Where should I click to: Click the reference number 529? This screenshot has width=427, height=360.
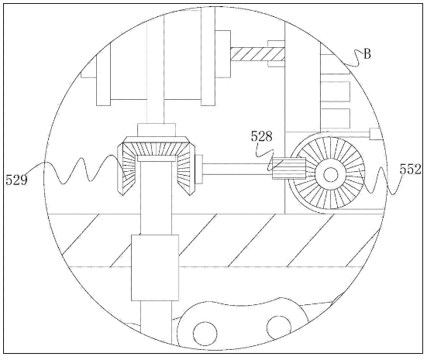click(x=16, y=180)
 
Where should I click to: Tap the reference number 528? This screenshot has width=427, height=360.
click(x=261, y=136)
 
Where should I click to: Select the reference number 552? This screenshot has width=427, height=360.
click(x=411, y=170)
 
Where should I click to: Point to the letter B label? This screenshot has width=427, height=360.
click(x=367, y=54)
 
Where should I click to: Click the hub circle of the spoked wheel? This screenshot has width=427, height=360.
click(x=330, y=174)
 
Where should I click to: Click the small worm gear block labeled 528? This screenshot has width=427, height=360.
click(x=288, y=169)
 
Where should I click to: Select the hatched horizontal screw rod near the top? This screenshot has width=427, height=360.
click(x=257, y=54)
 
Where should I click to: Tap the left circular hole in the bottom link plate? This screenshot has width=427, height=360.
click(x=205, y=334)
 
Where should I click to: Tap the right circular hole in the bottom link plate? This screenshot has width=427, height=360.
click(x=279, y=327)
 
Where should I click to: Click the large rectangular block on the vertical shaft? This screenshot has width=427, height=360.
click(x=155, y=268)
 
